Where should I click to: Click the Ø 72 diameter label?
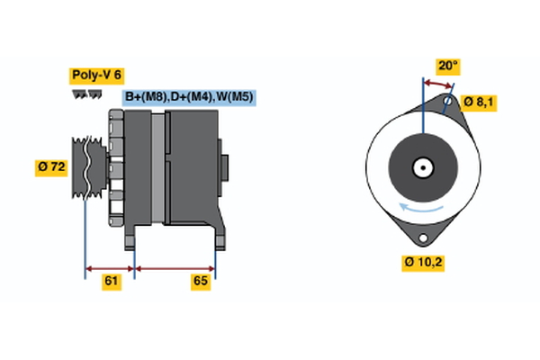(x=52, y=166)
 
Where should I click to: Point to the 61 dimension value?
(x=111, y=282)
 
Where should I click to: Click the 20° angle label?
(x=447, y=66)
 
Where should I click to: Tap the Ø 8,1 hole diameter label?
(x=479, y=102)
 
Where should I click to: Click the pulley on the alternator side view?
(x=86, y=166)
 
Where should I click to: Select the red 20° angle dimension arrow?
(x=437, y=84)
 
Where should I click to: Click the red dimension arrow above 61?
(x=110, y=267)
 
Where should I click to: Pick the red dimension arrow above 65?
(x=175, y=267)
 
